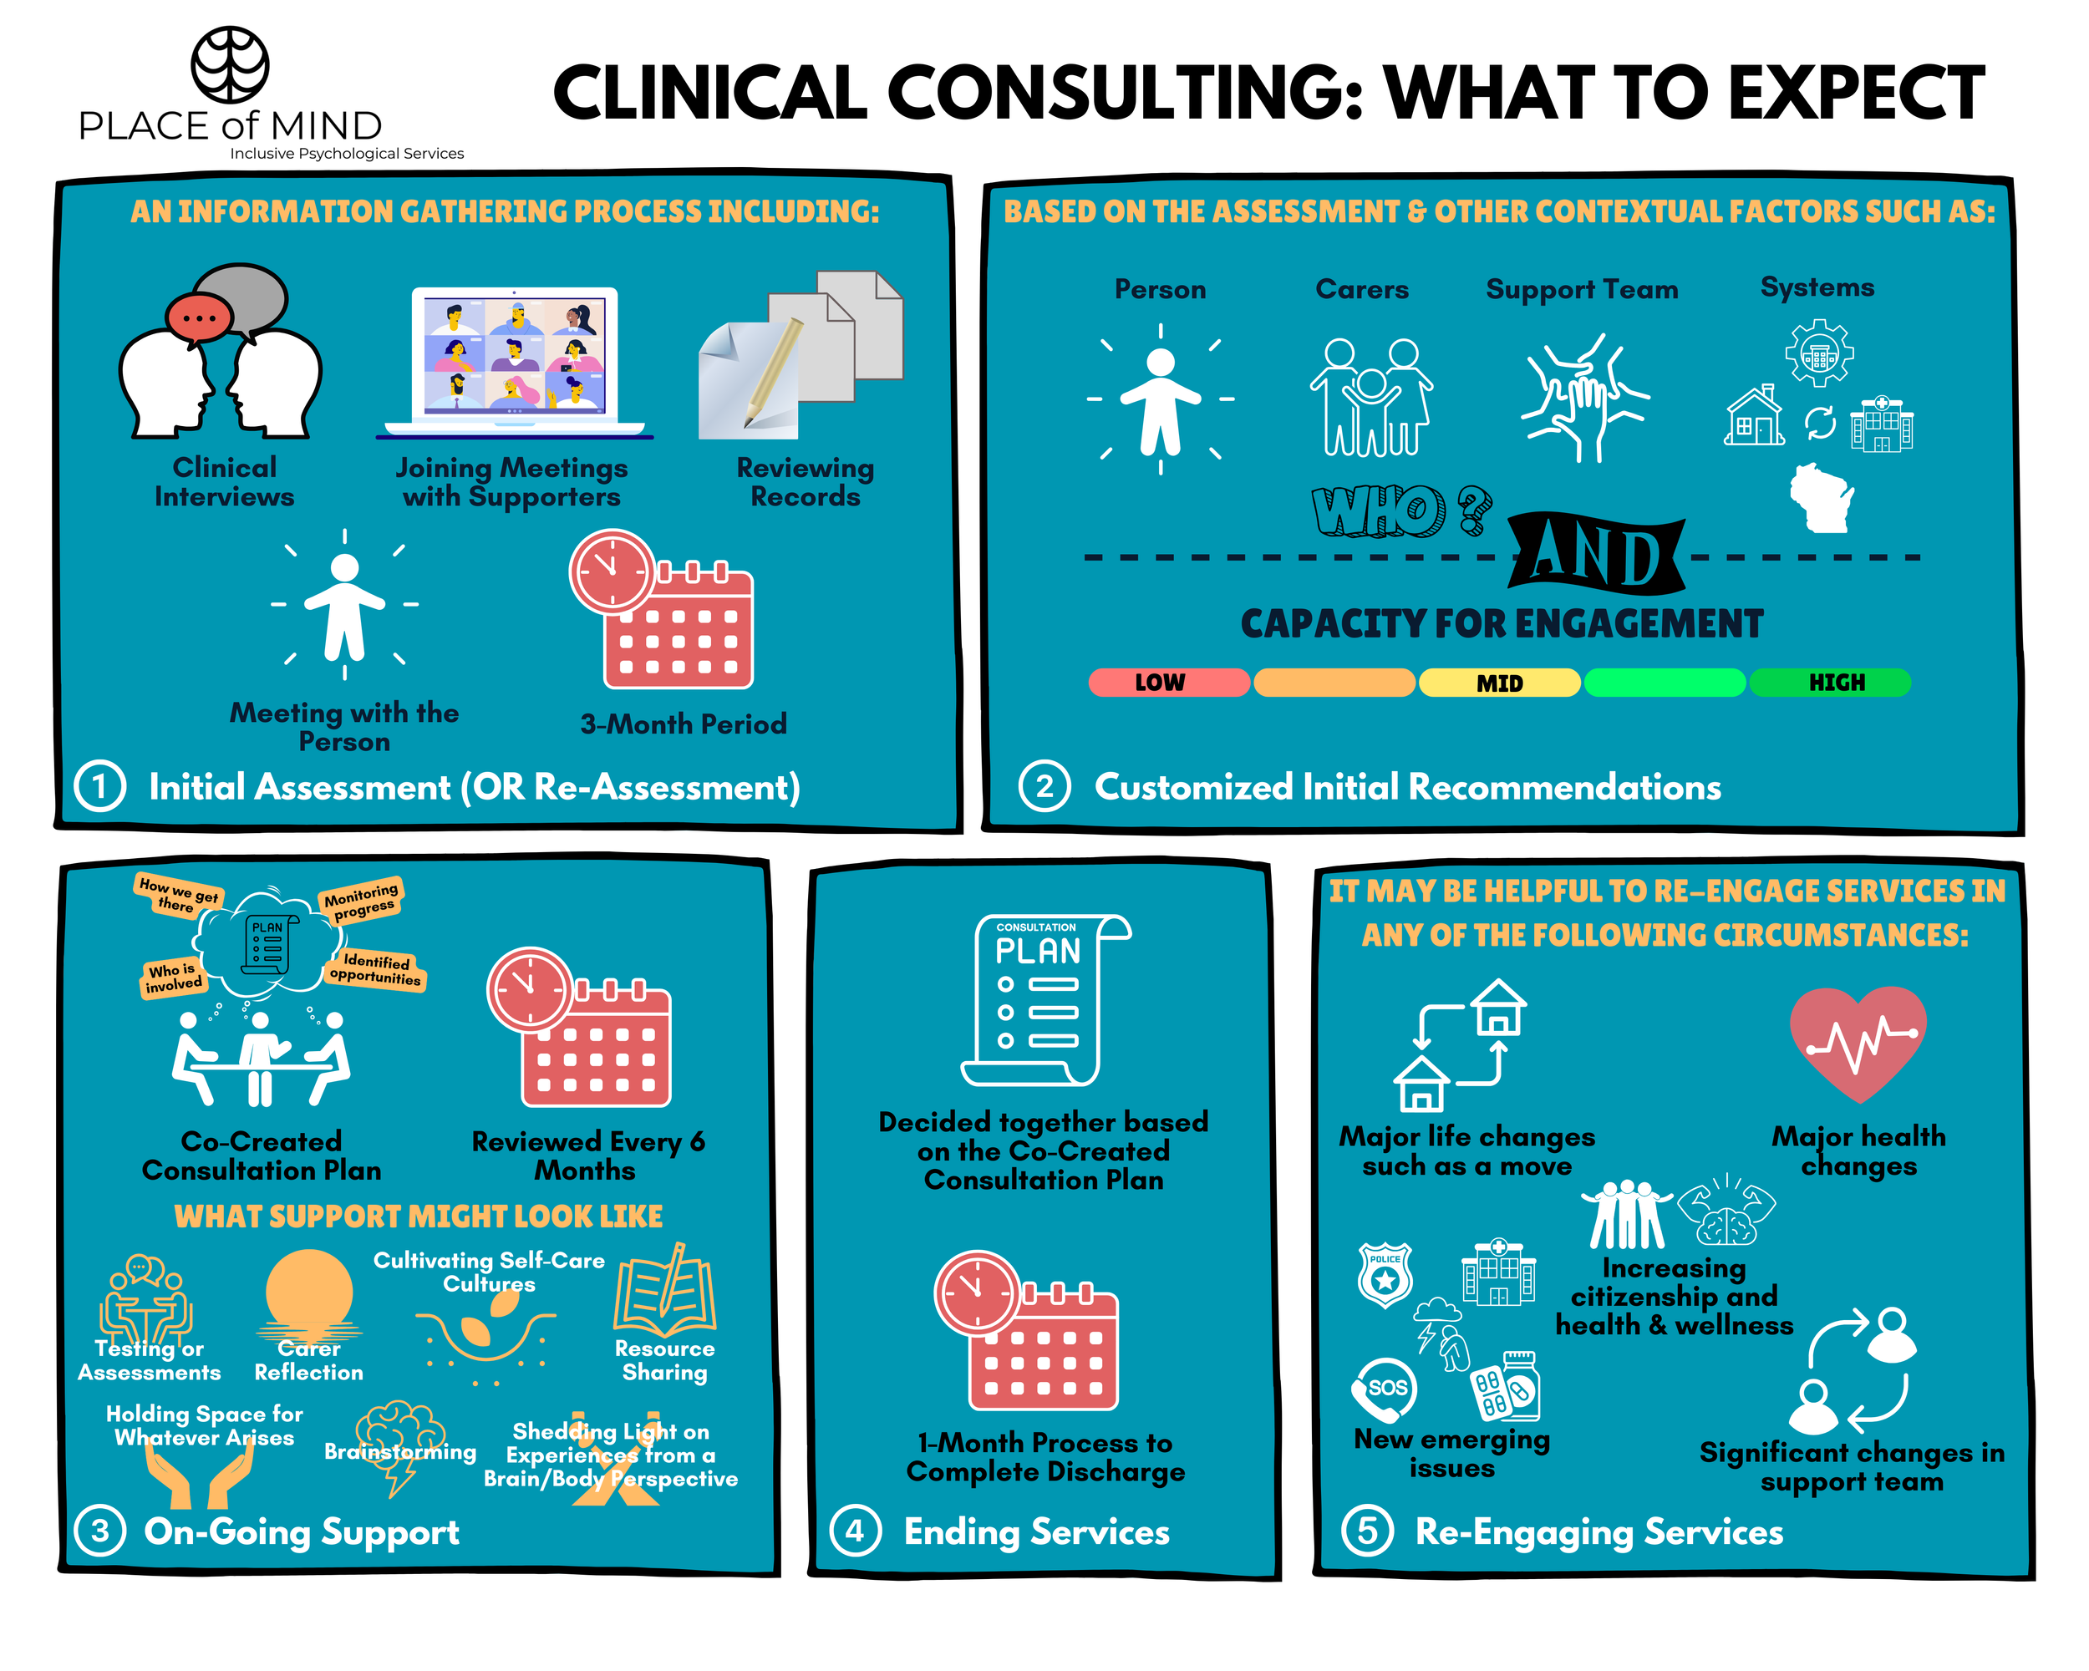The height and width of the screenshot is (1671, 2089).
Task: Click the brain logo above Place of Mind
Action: tap(230, 65)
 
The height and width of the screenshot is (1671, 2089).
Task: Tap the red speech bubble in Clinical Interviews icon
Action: tap(198, 317)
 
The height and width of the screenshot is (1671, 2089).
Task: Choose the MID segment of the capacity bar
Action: tap(1499, 683)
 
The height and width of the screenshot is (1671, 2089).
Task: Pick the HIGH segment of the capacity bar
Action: tap(1829, 683)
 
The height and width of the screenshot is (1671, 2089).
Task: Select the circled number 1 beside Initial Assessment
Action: tap(99, 785)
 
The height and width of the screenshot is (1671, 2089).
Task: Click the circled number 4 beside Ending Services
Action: tap(855, 1531)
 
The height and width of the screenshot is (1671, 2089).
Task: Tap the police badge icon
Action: tap(1385, 1275)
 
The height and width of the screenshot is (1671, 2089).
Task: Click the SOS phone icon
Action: tap(1385, 1388)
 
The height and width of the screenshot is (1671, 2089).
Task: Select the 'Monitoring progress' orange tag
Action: tap(360, 900)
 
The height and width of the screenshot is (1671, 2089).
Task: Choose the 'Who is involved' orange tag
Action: tap(172, 978)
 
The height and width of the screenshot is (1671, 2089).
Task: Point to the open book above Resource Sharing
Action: tap(666, 1293)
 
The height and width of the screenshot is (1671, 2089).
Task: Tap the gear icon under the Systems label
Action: tap(1818, 353)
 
